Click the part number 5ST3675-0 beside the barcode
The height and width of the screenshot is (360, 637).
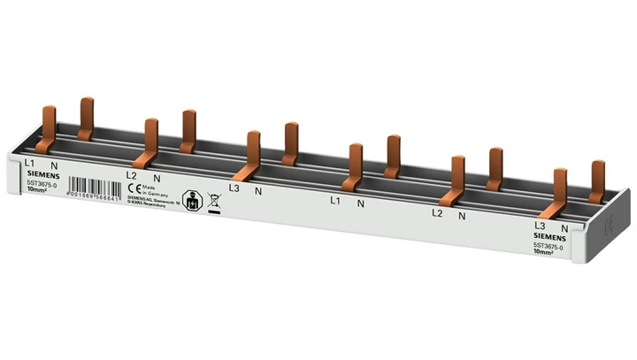click(41, 183)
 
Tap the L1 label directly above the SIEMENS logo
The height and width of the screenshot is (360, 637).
click(29, 163)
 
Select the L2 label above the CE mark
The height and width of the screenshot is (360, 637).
click(131, 175)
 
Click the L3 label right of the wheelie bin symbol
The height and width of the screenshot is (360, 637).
click(234, 188)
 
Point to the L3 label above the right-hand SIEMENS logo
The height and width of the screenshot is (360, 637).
click(541, 226)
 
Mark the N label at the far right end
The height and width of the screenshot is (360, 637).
click(564, 227)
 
